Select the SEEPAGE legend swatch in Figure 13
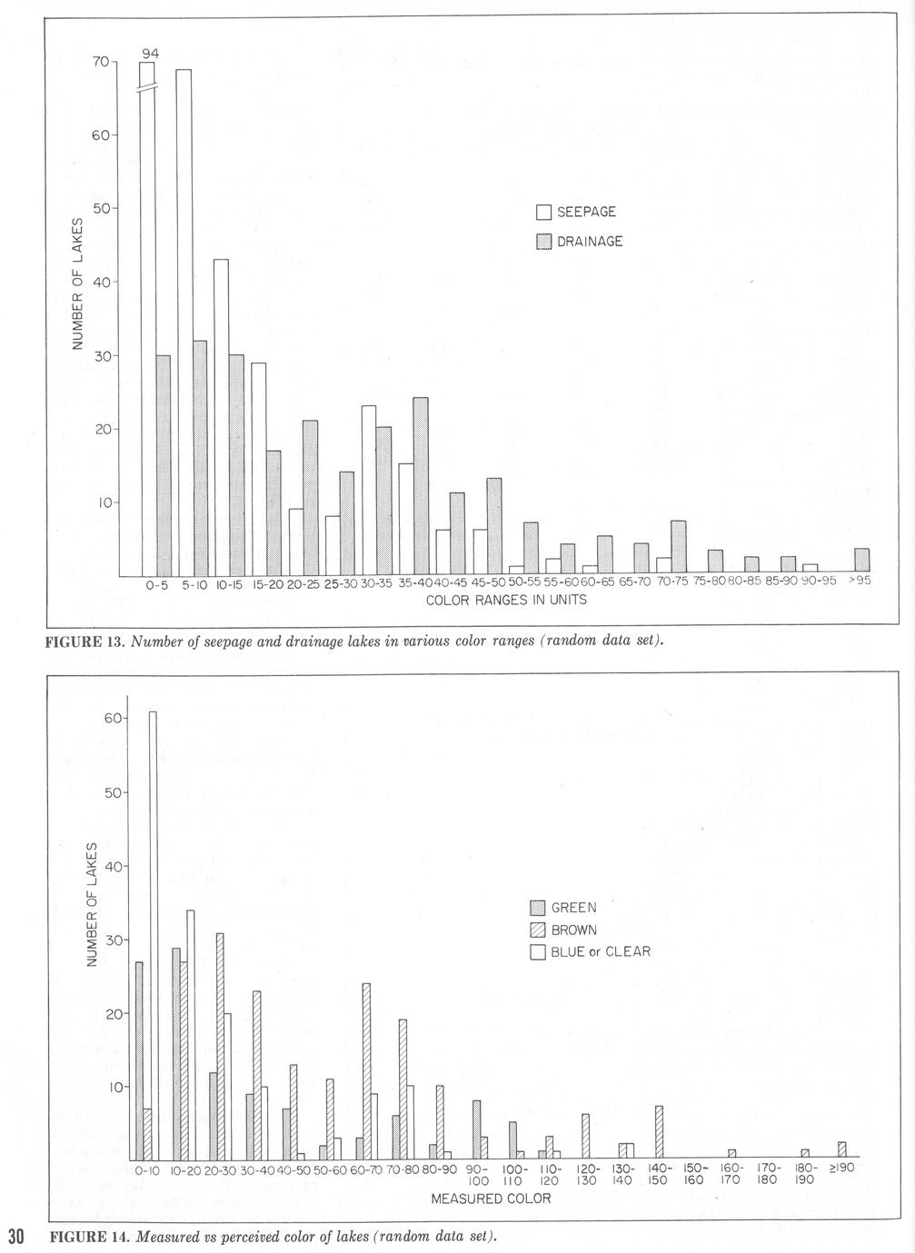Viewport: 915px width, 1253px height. coord(543,213)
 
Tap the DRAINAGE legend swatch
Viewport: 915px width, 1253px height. coord(543,242)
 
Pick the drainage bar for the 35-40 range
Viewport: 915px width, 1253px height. coord(421,486)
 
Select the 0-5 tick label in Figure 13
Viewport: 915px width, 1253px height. coord(157,585)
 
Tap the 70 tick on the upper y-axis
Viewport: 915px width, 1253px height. coord(100,62)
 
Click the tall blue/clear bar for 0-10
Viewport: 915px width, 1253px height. coord(153,935)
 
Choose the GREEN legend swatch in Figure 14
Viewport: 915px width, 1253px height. coord(537,907)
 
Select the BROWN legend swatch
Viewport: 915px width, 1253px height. coord(537,930)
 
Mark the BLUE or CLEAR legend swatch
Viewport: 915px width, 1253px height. coord(537,952)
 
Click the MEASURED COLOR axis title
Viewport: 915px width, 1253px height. coord(491,1198)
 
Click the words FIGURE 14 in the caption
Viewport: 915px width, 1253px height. coord(88,1237)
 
